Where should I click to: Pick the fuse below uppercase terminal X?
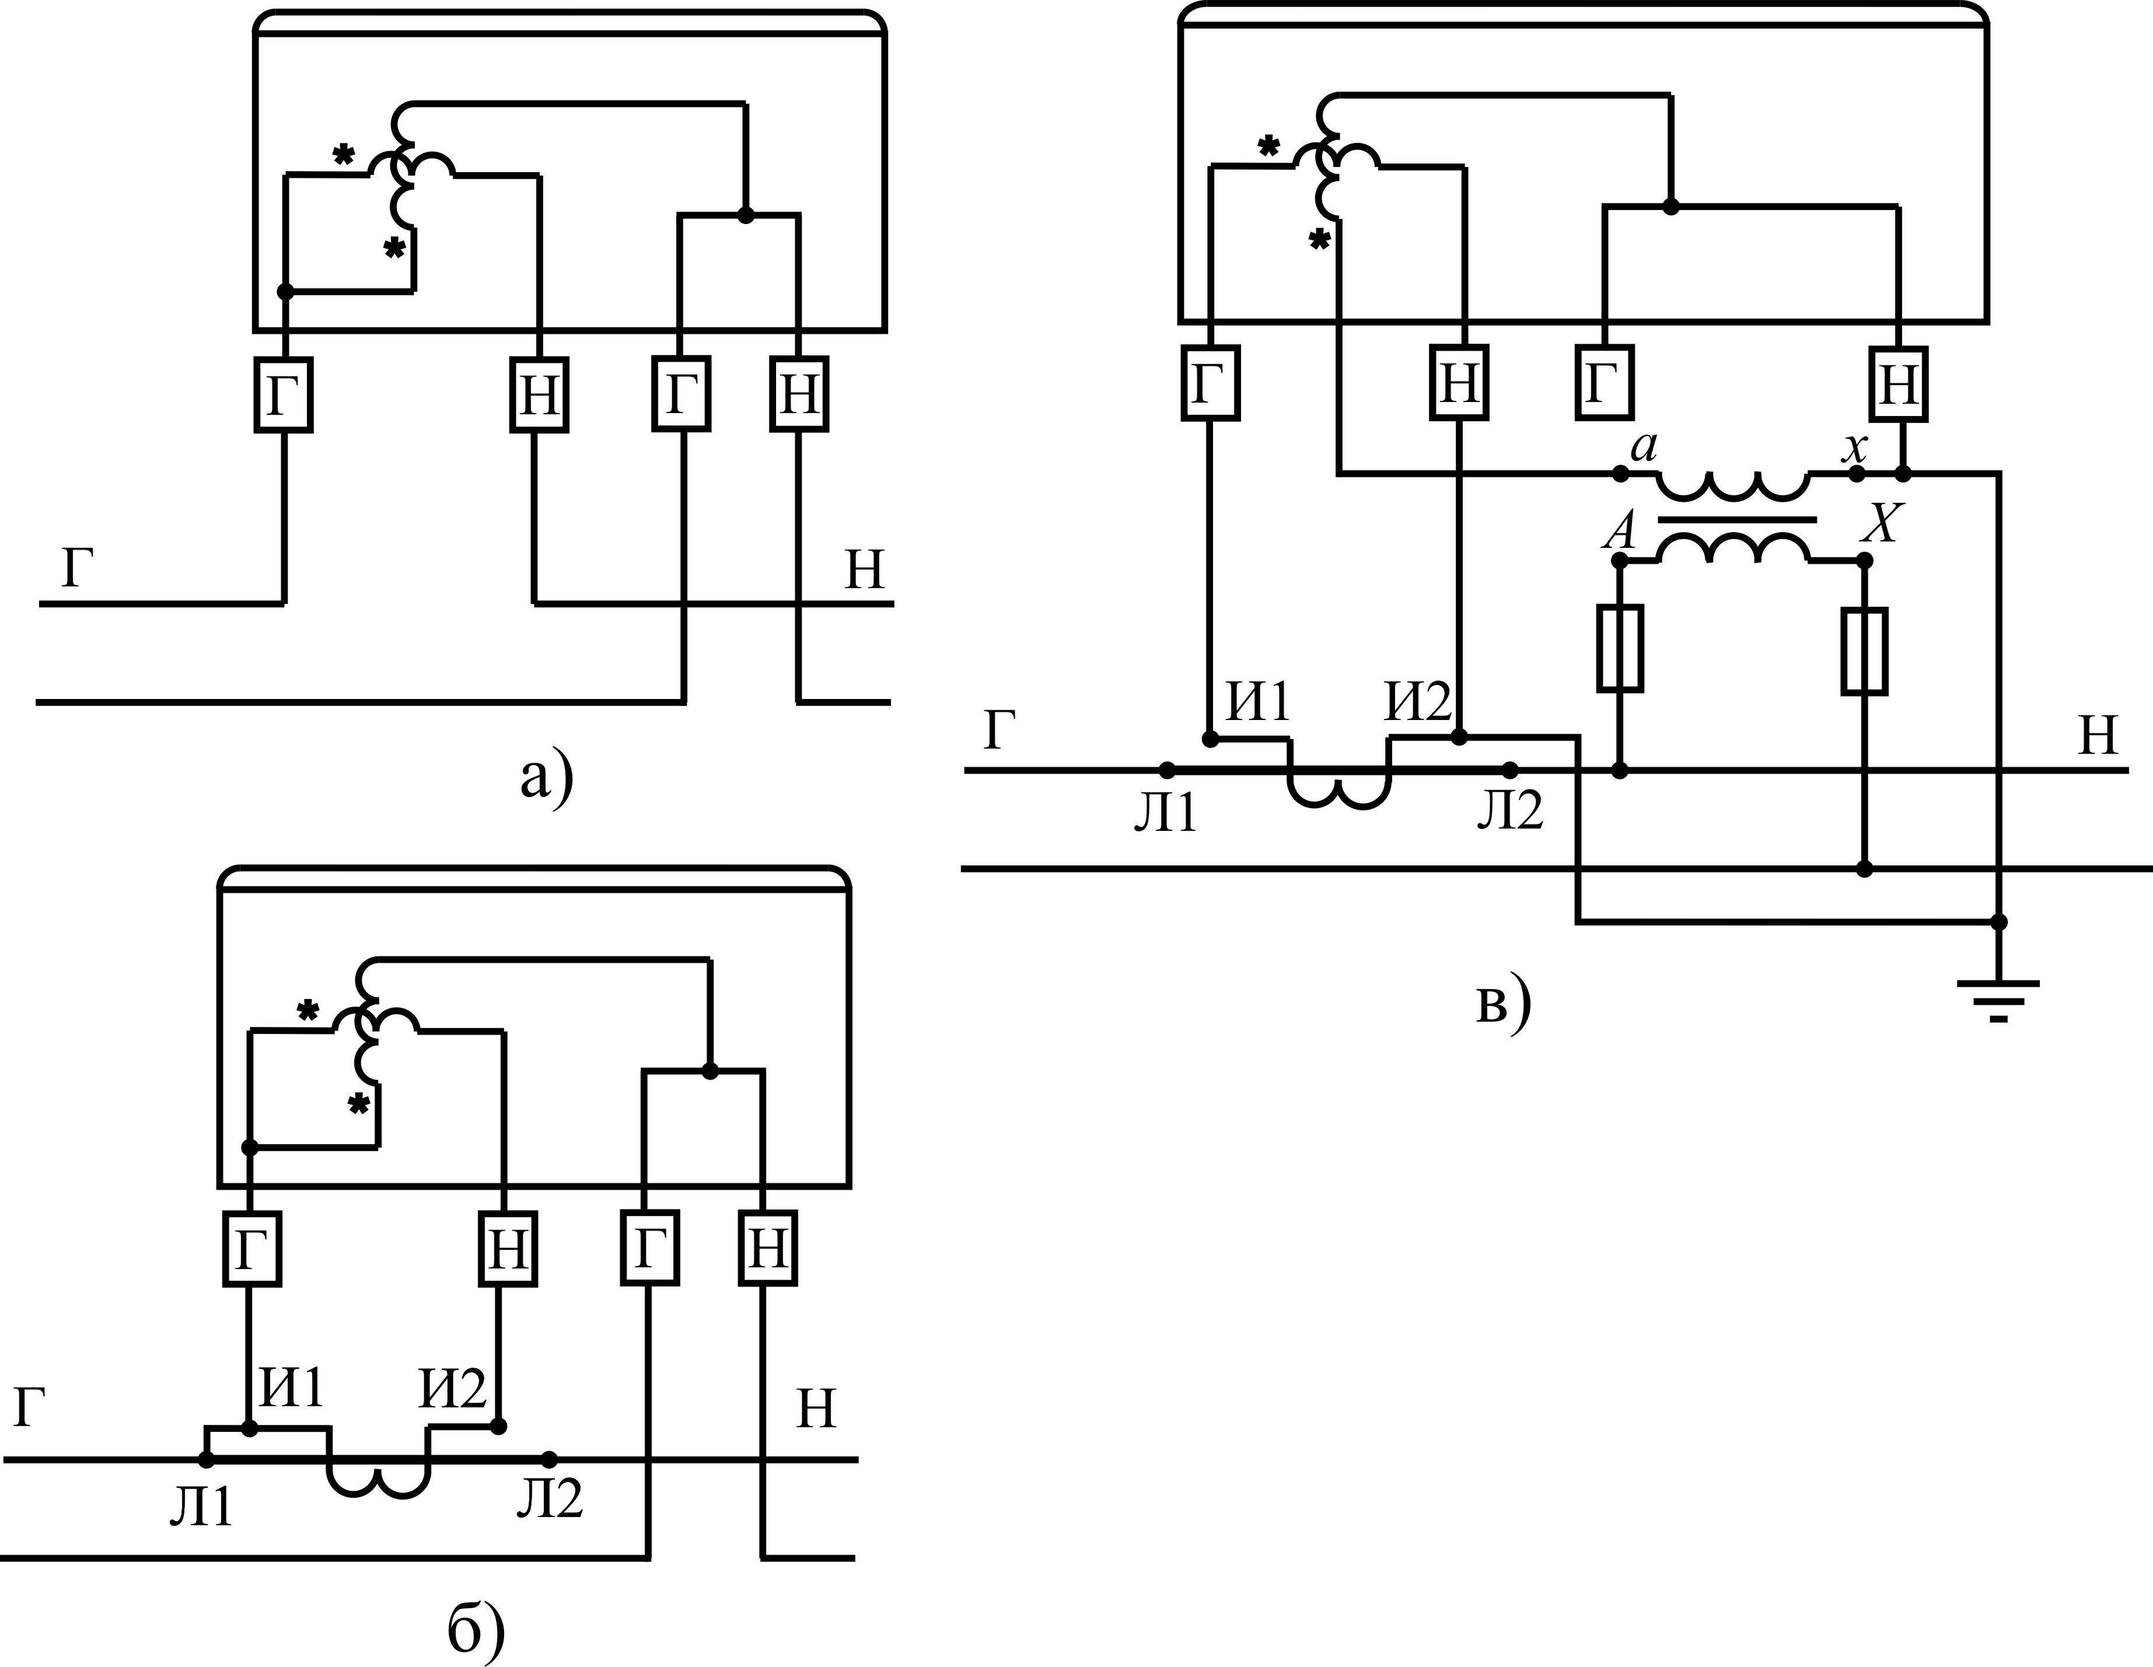1864,651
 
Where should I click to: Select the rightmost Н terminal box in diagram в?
1899,383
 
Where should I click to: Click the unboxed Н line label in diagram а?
865,571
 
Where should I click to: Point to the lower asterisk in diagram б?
359,1103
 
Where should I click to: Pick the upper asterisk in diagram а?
343,155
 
